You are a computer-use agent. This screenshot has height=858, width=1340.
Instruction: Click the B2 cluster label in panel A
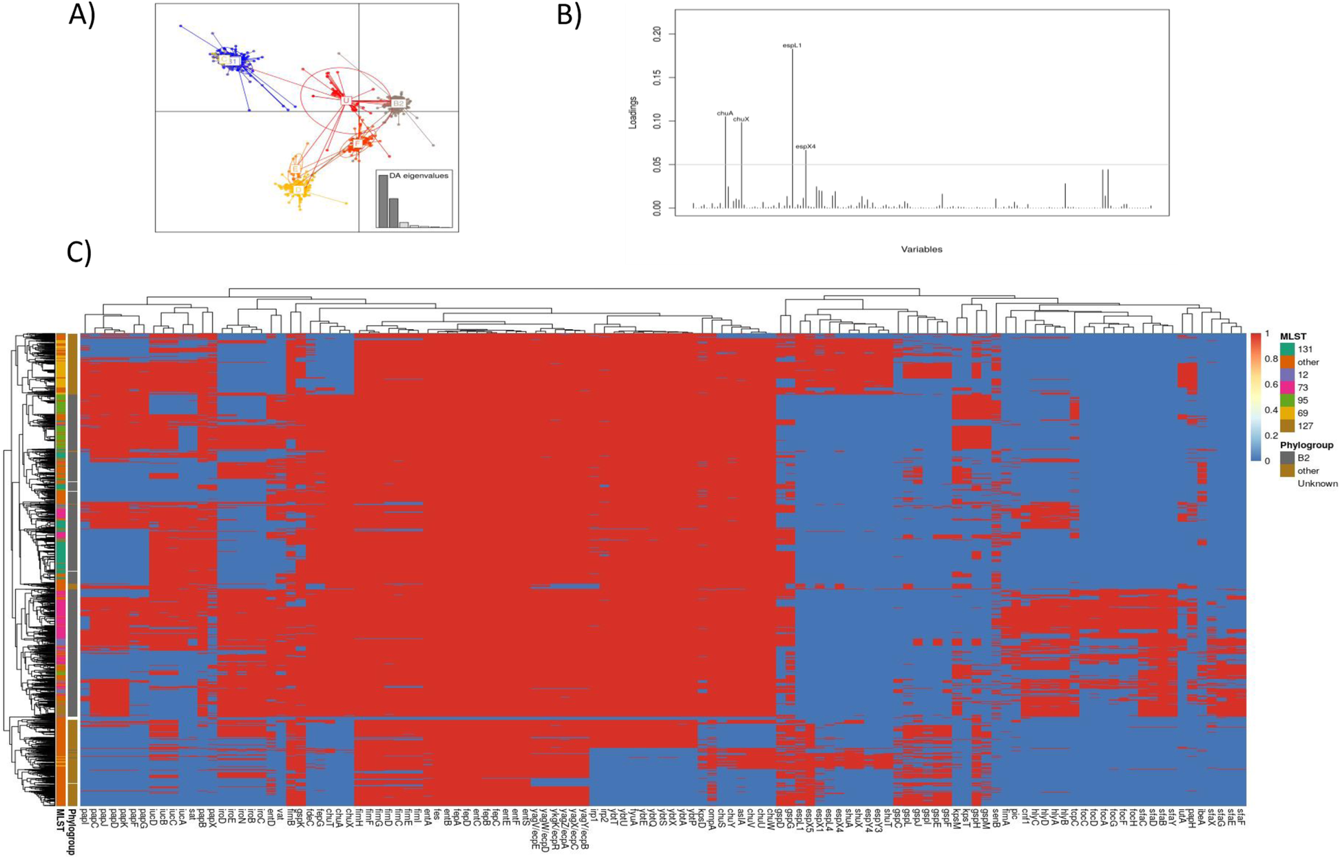pos(398,104)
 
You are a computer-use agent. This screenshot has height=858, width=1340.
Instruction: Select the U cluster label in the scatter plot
pos(346,101)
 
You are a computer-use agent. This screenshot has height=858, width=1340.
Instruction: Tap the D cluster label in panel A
pos(298,189)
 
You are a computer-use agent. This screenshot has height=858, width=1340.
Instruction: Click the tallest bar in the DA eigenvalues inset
pos(383,201)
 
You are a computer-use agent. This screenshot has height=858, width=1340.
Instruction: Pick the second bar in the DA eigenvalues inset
pos(394,213)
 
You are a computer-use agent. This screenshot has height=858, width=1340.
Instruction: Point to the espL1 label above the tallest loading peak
pos(792,45)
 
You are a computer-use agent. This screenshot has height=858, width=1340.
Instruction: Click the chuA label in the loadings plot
pos(724,113)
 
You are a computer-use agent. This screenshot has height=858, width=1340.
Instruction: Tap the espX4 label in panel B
pos(806,147)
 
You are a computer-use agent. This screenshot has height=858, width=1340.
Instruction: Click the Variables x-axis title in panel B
pos(921,249)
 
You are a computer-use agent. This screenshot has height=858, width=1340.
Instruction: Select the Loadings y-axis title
pos(633,113)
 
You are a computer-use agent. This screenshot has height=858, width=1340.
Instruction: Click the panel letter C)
pos(79,253)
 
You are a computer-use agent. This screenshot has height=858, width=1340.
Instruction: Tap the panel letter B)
pos(569,15)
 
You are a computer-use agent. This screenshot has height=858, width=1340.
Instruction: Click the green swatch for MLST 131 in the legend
pos(1287,349)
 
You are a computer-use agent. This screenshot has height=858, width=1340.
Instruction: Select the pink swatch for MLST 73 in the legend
pos(1287,388)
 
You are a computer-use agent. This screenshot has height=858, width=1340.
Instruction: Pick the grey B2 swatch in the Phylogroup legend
pos(1287,458)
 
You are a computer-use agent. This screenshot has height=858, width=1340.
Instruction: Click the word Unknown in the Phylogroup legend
pos(1317,483)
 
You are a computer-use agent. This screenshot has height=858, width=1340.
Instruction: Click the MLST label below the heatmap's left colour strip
pos(60,822)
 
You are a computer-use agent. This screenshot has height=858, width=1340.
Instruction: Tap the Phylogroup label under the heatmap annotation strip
pos(72,831)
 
